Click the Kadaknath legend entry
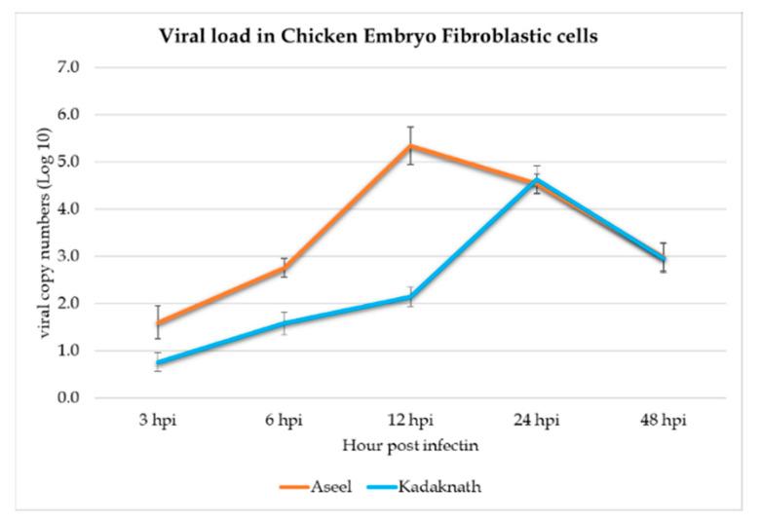tap(438, 487)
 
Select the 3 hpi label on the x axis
tap(157, 424)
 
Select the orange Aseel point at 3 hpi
tap(157, 323)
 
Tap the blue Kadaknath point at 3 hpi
tap(157, 362)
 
